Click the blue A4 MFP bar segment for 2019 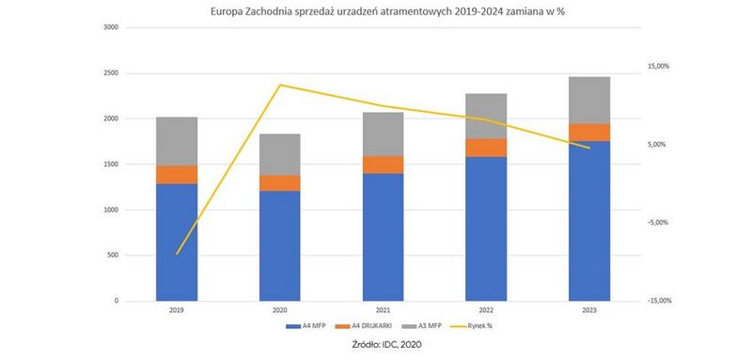[177, 242]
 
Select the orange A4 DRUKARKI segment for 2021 [383, 164]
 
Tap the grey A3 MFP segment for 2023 [589, 100]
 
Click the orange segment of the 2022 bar [486, 148]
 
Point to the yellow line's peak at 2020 [280, 85]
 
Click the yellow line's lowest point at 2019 [177, 254]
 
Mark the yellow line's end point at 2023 [589, 149]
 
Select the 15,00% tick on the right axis [658, 67]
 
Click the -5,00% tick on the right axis [658, 223]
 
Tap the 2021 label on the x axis [383, 309]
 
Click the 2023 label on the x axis [589, 309]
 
